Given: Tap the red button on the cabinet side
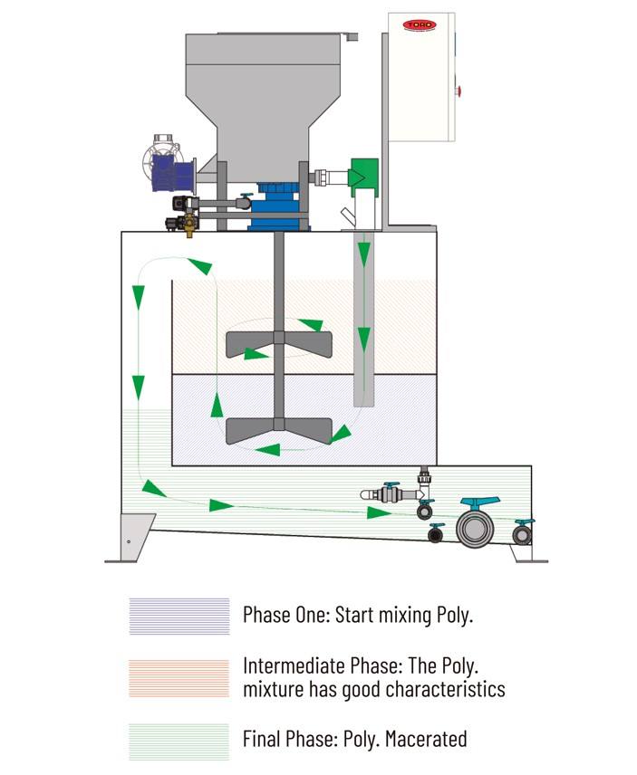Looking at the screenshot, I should pos(459,90).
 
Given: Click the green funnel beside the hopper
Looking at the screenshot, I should pos(362,173).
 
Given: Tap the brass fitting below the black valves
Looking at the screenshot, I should pos(189,229).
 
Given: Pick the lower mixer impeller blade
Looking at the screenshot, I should pos(277,428).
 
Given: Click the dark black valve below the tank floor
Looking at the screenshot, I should pos(437,532).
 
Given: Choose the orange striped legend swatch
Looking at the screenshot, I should pos(179,677).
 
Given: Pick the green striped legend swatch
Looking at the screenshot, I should pos(179,740).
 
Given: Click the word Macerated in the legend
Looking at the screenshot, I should pos(426,739).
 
